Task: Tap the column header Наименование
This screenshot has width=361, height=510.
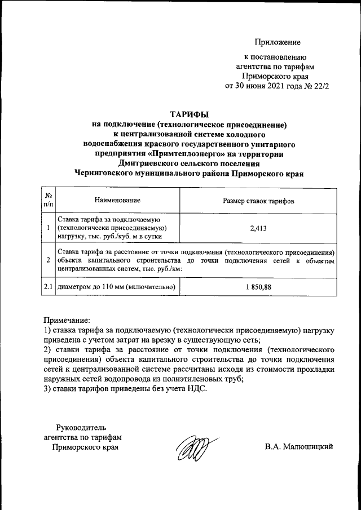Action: click(117, 200)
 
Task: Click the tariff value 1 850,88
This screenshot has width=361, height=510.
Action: click(258, 287)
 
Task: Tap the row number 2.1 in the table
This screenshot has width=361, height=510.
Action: click(49, 287)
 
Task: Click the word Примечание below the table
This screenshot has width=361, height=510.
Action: click(67, 320)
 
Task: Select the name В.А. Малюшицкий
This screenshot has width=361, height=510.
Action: click(300, 447)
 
